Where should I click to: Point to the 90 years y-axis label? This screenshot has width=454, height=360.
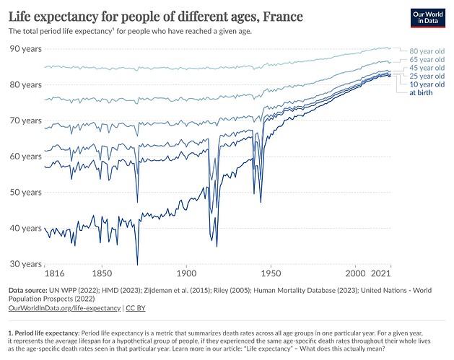click(25, 48)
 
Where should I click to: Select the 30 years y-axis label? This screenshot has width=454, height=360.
click(25, 265)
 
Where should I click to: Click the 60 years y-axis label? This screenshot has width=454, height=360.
click(25, 157)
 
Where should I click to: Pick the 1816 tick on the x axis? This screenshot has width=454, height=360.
click(55, 275)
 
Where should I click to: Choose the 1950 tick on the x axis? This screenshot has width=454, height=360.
click(271, 275)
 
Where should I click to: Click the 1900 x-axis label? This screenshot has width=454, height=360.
click(186, 275)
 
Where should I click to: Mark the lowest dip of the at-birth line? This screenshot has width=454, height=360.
click(137, 264)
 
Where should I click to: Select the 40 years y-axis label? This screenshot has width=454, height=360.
click(25, 229)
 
